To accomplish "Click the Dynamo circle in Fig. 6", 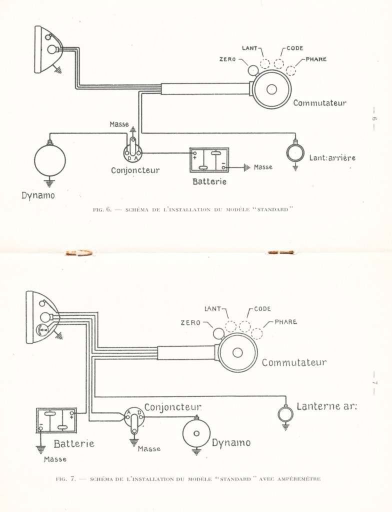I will (50, 160).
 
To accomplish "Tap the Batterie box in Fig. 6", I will (209, 160).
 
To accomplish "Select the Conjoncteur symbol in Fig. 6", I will (133, 150).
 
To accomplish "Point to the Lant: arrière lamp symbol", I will (295, 153).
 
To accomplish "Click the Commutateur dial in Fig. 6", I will (271, 89).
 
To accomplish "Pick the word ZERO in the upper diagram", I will (227, 59).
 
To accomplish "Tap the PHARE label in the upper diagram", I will (316, 59).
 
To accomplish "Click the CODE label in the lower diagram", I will (262, 309).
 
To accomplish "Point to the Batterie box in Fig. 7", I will (56, 420).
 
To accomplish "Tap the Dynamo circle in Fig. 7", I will (196, 433).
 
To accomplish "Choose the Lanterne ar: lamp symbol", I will (285, 414).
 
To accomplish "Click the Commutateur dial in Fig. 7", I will (237, 352).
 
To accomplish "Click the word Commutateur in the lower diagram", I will (294, 362).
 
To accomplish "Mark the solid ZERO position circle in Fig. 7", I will (218, 333).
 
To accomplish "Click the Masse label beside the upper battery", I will (263, 167).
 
